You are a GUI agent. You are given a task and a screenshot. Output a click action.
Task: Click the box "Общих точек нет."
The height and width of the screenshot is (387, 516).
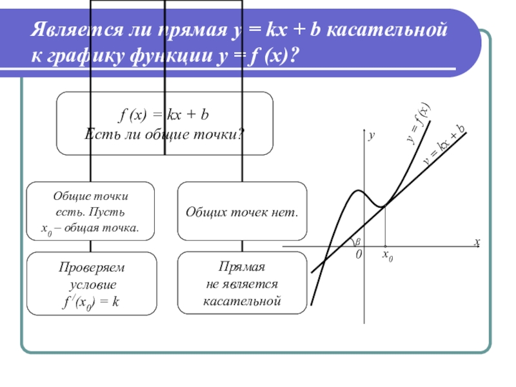coord(242,211)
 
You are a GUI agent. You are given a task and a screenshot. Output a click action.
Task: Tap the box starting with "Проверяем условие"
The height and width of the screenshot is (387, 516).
coord(90,284)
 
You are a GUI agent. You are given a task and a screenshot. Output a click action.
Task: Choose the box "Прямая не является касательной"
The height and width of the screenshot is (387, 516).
coord(242,284)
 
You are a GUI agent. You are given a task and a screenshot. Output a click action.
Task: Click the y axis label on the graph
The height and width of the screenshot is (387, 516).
coord(372,137)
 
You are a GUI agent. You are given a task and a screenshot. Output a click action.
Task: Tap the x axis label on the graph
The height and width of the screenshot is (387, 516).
coord(477,242)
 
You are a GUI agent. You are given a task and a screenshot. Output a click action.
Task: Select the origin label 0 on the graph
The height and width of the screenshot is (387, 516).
coord(359,255)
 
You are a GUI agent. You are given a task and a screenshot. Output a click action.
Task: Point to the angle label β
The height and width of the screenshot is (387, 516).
coord(358,241)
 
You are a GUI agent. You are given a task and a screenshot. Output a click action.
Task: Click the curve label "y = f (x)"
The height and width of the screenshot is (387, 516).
coord(418,121)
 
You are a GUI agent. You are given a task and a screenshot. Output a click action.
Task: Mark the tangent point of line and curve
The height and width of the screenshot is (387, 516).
coord(384,206)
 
